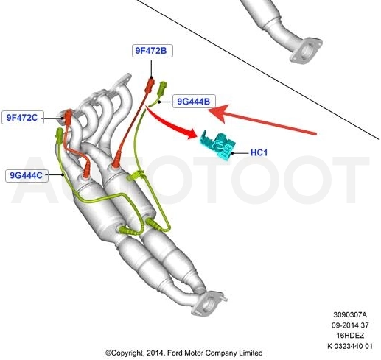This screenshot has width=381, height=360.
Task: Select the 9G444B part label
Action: pos(194,101)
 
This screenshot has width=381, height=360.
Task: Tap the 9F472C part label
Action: pos(23,118)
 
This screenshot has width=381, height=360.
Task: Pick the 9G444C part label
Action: pos(27,175)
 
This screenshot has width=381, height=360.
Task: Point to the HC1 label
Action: pos(259,152)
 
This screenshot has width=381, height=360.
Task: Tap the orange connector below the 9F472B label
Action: pos(150,85)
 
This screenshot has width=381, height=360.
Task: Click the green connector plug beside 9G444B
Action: pos(163,88)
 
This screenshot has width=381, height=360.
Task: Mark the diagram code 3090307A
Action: pos(350,314)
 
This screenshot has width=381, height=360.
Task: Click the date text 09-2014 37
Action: pos(350,325)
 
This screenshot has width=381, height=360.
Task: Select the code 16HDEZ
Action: pos(350,336)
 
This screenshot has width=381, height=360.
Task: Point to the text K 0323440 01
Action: pos(350,346)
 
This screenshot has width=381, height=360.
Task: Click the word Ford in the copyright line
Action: pos(175,353)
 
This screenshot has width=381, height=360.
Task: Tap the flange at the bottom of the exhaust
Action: pos(209,304)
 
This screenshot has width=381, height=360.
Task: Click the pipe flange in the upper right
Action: pos(306,51)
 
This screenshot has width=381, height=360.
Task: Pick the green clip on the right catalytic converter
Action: pos(135,175)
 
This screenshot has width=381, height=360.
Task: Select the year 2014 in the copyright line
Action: pos(155,353)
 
